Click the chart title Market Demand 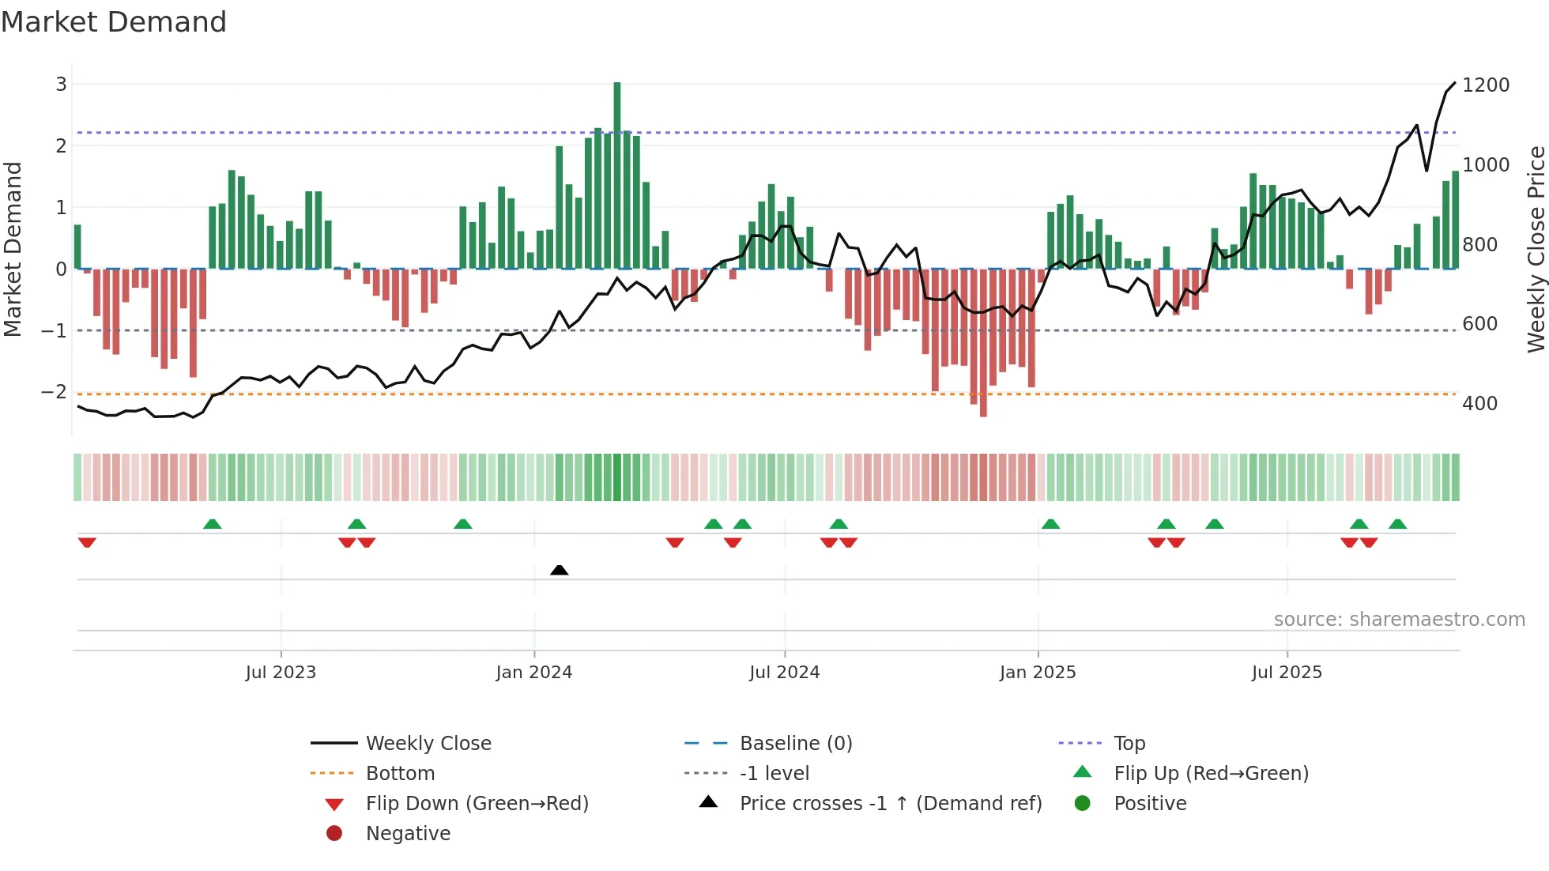[114, 22]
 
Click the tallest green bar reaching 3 [617, 174]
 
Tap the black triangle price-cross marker [559, 570]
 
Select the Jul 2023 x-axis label [281, 673]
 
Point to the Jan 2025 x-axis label [1038, 673]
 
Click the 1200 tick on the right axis [1486, 85]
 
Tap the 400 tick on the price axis [1479, 404]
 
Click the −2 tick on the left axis [54, 392]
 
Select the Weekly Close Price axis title [1536, 249]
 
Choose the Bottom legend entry [400, 774]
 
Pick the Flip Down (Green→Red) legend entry [477, 804]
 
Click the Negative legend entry [408, 834]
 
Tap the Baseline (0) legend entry [796, 744]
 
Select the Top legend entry [1129, 744]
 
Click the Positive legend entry [1150, 804]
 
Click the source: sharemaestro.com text [1399, 620]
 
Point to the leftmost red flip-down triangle [87, 542]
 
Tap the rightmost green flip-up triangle [1397, 524]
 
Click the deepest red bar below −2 [983, 344]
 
